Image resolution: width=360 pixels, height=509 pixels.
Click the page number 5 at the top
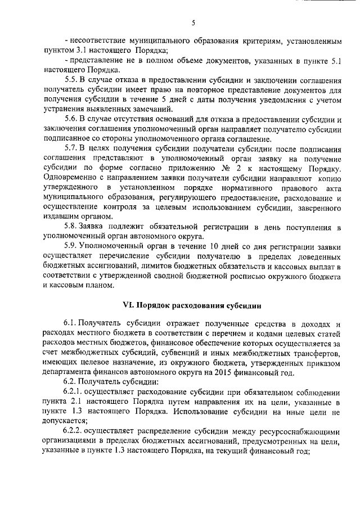[192, 23]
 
